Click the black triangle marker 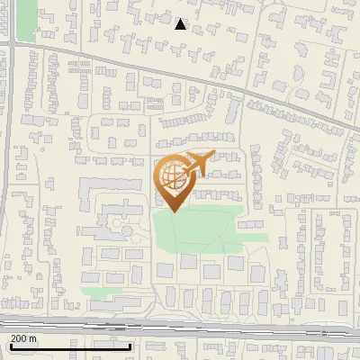(180, 24)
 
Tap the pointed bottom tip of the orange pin (173, 211)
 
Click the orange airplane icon (198, 165)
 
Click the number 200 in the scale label (19, 338)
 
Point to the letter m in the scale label (33, 338)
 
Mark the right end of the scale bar (131, 346)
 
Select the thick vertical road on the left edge (9, 180)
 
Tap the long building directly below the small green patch (103, 307)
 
